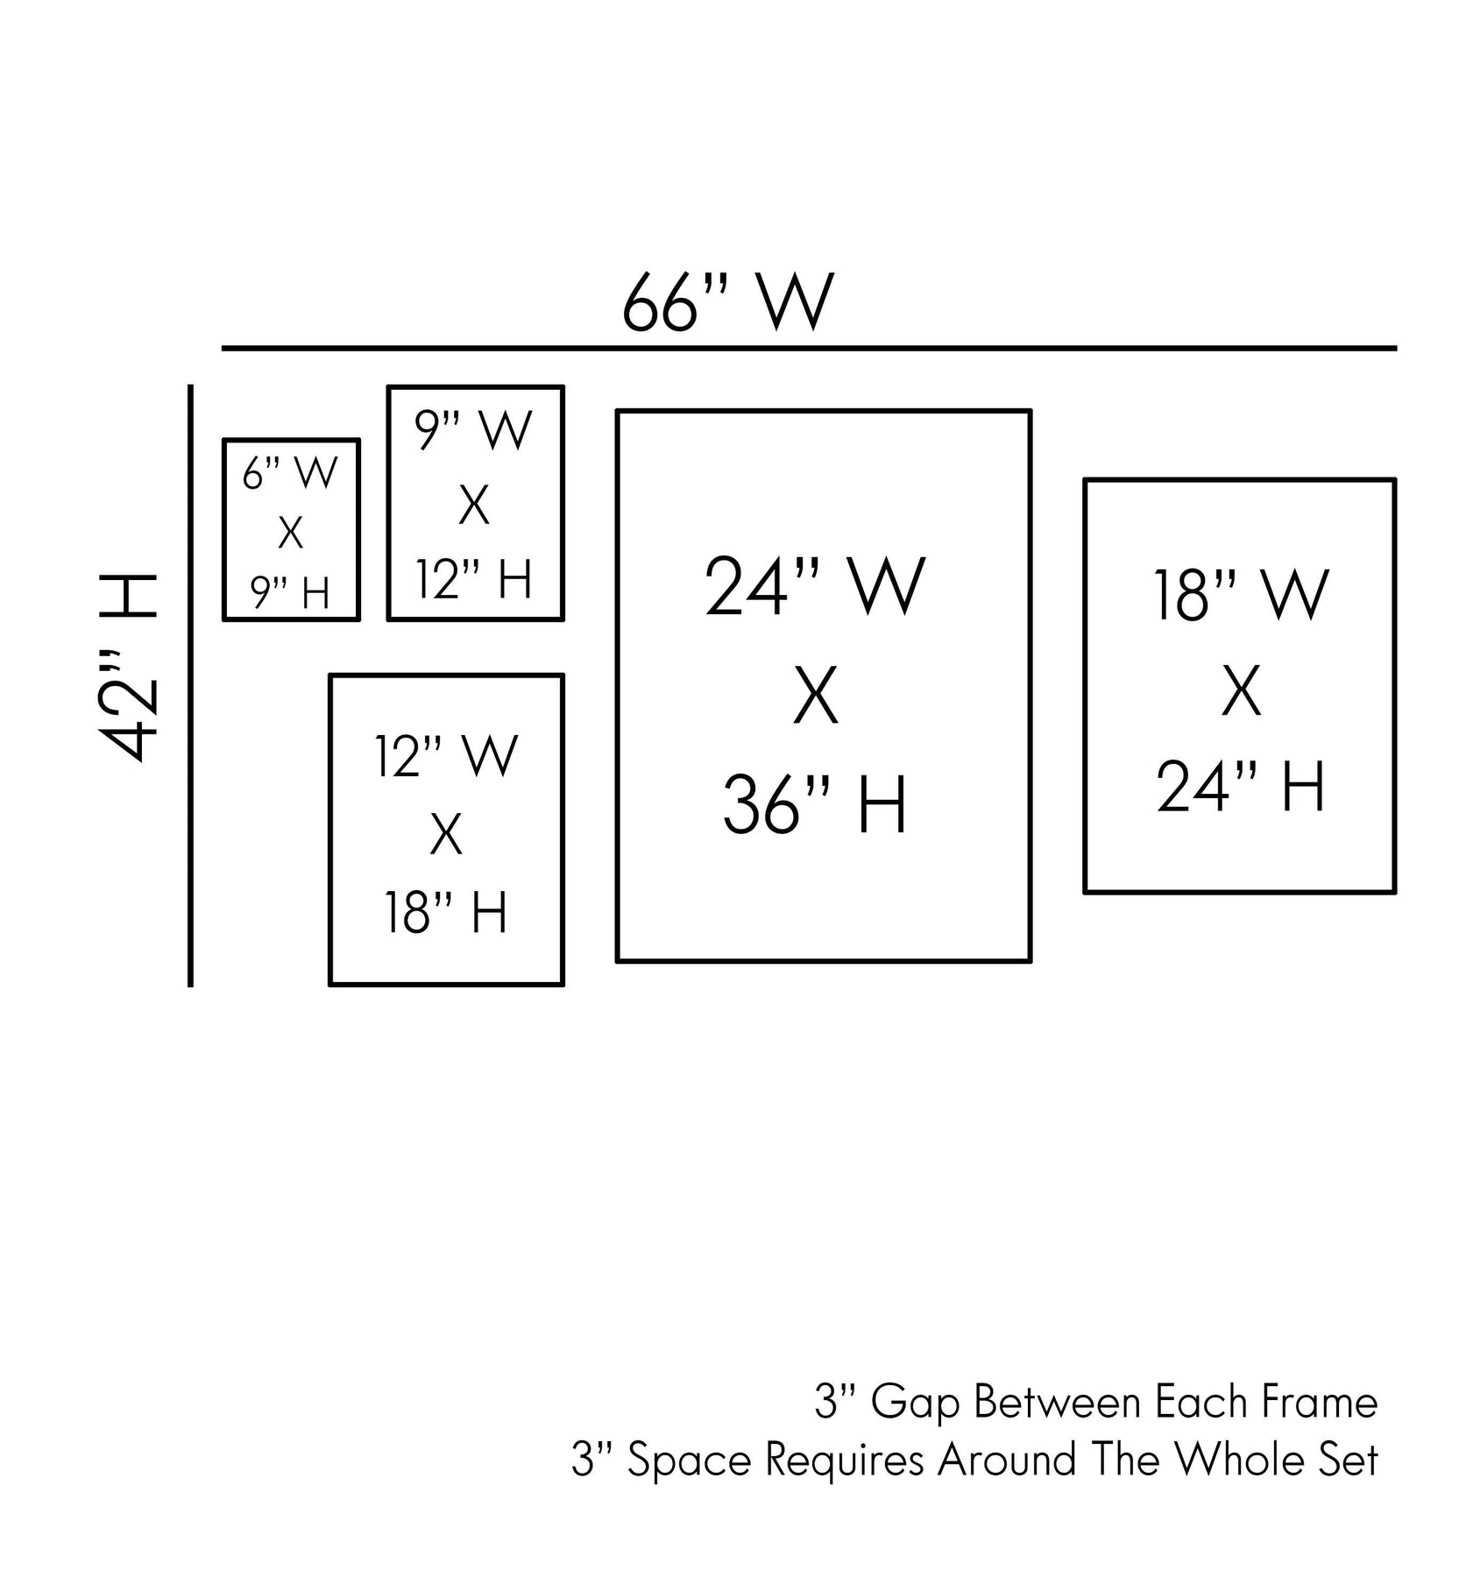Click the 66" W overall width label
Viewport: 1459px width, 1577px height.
(x=727, y=303)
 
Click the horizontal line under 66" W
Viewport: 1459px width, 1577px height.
(x=808, y=349)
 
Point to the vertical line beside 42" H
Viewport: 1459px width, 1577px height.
(x=190, y=685)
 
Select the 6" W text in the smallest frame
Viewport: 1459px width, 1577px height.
(x=290, y=474)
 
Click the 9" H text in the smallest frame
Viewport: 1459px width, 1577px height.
(x=290, y=593)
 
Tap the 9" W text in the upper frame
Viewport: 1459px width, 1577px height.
(x=474, y=430)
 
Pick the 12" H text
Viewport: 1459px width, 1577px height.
(x=474, y=579)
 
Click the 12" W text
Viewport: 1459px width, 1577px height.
(x=446, y=756)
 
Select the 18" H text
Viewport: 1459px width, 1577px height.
(x=446, y=914)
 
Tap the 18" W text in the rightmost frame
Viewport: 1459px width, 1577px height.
(x=1241, y=597)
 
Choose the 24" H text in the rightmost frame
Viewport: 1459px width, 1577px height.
(x=1241, y=788)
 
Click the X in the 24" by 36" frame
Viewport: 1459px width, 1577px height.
(x=816, y=697)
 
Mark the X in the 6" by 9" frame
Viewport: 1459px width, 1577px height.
(x=290, y=533)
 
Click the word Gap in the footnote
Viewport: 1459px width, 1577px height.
(x=917, y=1403)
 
